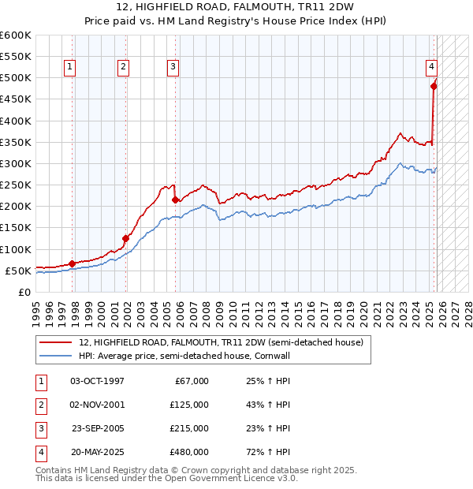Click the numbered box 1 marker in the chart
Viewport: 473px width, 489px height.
pyautogui.click(x=70, y=68)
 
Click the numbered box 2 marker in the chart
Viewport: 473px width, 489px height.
pyautogui.click(x=124, y=68)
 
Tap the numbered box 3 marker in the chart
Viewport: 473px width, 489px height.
pyautogui.click(x=172, y=68)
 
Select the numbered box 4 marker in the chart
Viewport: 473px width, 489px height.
pyautogui.click(x=432, y=68)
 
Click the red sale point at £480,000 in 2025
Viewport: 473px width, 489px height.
pyautogui.click(x=434, y=86)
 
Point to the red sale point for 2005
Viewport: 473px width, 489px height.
pyautogui.click(x=174, y=200)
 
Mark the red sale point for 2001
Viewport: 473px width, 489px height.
pyautogui.click(x=125, y=238)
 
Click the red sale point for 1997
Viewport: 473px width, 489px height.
pyautogui.click(x=72, y=263)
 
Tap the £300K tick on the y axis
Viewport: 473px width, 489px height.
pyautogui.click(x=16, y=163)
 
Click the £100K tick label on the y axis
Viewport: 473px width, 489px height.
pyautogui.click(x=16, y=249)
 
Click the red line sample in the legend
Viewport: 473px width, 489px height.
pyautogui.click(x=56, y=343)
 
